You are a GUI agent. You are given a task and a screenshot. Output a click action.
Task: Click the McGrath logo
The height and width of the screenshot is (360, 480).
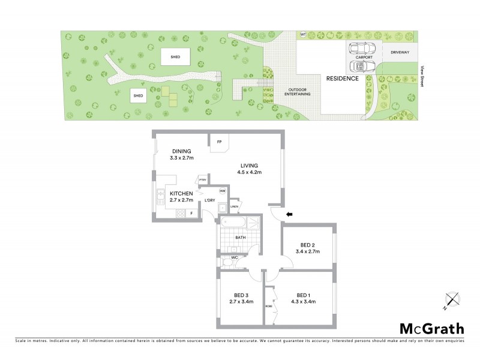[432, 328]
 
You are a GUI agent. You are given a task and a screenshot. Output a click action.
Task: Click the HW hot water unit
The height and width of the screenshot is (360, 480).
[222, 191]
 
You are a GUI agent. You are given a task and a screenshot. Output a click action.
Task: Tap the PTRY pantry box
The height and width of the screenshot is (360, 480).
[203, 179]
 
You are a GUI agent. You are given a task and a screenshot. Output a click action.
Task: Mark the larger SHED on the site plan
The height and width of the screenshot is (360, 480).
[175, 57]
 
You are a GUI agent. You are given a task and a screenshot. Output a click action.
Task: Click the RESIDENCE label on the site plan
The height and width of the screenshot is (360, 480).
[342, 79]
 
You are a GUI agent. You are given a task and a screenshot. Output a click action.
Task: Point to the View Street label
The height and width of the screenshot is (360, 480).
[423, 76]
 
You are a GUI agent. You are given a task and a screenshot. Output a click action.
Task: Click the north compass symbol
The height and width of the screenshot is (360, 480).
[452, 300]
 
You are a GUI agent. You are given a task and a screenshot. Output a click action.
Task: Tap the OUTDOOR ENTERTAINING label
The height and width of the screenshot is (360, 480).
[298, 92]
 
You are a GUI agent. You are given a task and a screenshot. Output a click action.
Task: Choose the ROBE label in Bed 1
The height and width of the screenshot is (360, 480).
[268, 304]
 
